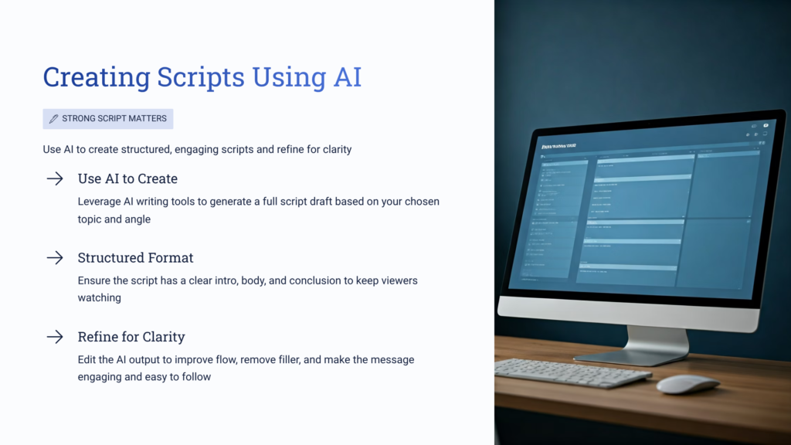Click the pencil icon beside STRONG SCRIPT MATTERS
coord(53,119)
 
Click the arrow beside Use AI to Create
coord(55,179)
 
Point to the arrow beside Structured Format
coord(55,258)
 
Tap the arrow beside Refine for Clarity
coord(55,337)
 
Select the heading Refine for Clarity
coord(131,337)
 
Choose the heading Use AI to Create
coord(127,179)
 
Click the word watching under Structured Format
coord(100,297)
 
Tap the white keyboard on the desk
coord(572,372)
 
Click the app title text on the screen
coord(558,144)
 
